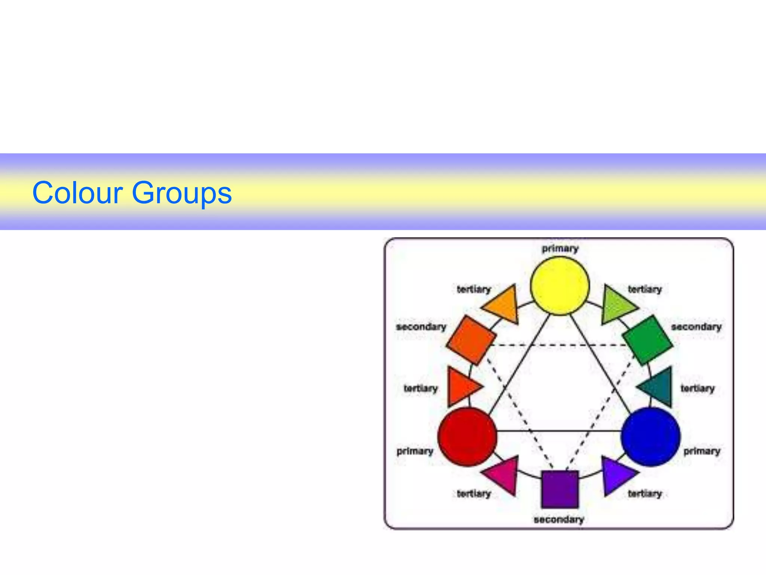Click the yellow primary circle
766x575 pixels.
(560, 286)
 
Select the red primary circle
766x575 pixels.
(467, 436)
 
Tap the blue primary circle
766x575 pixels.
(651, 436)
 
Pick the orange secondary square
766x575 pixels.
(471, 340)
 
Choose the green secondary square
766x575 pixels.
(648, 340)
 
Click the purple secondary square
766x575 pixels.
(560, 489)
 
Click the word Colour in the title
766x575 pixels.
(77, 193)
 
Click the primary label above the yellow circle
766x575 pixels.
(560, 249)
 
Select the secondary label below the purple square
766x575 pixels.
(559, 520)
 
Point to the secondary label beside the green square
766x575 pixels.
(696, 327)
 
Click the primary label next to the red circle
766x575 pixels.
(415, 451)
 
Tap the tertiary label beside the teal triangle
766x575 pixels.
(698, 389)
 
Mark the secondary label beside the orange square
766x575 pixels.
(421, 327)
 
